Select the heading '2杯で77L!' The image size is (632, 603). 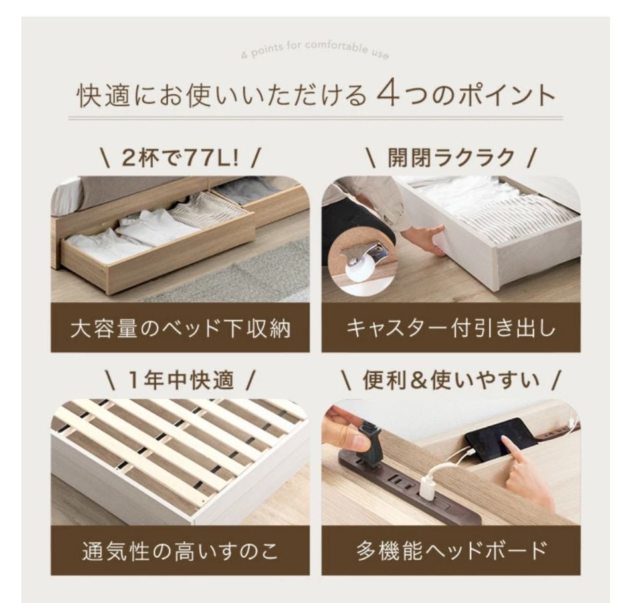pos(179,158)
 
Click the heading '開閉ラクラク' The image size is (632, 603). pos(451,158)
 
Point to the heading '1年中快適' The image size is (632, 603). pos(179,381)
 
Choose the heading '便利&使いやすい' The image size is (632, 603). pos(451,381)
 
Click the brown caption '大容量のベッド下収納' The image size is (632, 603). pos(180,328)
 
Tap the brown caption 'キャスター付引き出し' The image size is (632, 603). pos(451,328)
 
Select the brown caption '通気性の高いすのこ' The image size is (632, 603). pos(180,551)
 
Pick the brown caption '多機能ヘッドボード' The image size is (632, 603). pos(451,551)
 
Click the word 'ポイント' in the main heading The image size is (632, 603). pos(502,95)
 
